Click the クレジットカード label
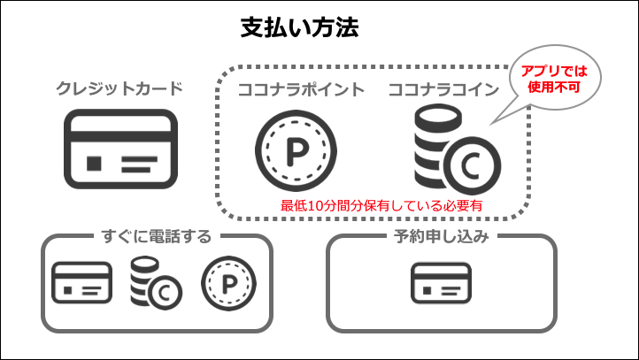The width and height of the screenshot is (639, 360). pos(119,88)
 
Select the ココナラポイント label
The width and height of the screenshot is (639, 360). pos(301,88)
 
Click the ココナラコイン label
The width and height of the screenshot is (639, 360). pos(444,88)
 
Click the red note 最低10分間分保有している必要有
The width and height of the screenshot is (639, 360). pos(387,205)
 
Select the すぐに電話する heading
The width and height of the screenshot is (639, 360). pos(156,236)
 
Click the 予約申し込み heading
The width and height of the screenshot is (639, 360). pos(442,236)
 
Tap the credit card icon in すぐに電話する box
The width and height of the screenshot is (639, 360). pos(81,283)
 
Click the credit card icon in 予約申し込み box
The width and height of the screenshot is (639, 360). pos(441,283)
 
